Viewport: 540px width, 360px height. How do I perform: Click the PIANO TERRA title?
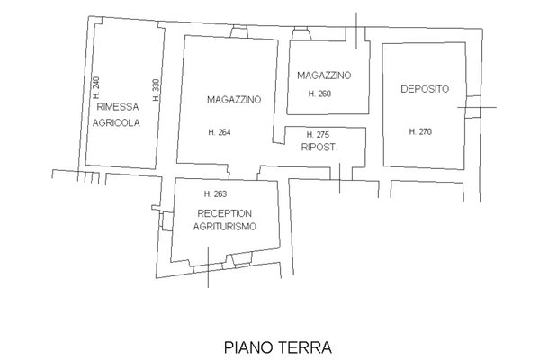(x=278, y=347)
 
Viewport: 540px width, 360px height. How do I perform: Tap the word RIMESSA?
(x=118, y=107)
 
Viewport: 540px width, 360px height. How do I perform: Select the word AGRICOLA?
(x=116, y=123)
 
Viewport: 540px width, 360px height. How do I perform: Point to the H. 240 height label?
(x=96, y=87)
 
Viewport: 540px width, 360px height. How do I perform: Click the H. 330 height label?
(x=156, y=90)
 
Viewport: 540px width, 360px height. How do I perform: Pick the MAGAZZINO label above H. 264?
(x=234, y=100)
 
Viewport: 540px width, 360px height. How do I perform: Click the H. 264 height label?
(x=220, y=132)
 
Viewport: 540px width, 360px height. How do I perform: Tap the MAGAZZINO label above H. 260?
(x=324, y=76)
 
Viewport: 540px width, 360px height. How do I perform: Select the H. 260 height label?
(x=319, y=94)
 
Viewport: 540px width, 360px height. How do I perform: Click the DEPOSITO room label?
(x=425, y=89)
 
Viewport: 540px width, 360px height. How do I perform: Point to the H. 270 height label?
(x=420, y=131)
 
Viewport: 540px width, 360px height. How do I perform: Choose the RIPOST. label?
(x=319, y=148)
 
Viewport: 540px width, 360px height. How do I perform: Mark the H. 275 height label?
(x=318, y=134)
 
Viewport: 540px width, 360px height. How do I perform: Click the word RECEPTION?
(x=224, y=213)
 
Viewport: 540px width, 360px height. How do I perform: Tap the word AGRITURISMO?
(x=225, y=227)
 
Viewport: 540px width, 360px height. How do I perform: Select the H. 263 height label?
(x=216, y=194)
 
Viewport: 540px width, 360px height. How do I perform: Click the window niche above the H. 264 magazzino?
(x=239, y=32)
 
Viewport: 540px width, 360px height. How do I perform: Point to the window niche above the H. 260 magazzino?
(x=301, y=34)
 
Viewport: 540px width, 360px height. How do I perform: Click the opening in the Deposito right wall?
(x=473, y=107)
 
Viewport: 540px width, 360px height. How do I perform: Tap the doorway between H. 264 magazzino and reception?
(x=243, y=172)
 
